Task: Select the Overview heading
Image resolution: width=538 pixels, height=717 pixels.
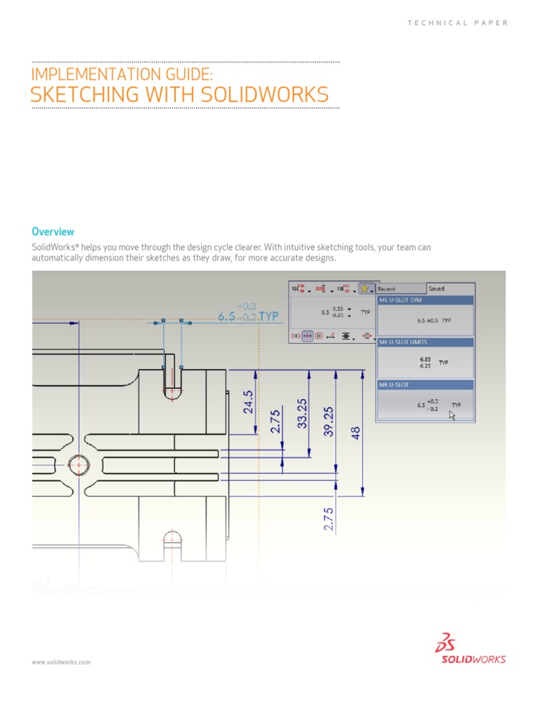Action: click(x=53, y=232)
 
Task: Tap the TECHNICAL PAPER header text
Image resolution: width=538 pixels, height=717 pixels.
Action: click(x=457, y=23)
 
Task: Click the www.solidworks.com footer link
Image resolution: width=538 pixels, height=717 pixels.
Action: click(x=61, y=662)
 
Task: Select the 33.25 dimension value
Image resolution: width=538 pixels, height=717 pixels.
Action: click(x=303, y=414)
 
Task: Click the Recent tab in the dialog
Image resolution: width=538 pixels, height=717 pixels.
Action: click(x=387, y=288)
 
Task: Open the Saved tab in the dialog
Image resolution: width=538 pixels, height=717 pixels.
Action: click(x=436, y=288)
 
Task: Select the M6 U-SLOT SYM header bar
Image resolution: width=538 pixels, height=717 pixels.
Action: click(x=425, y=300)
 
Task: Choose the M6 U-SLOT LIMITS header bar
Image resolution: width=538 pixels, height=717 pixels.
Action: click(x=425, y=342)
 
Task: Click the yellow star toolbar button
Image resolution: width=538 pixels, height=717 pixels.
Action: click(x=364, y=288)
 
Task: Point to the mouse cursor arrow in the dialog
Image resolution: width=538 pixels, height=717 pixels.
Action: click(x=452, y=415)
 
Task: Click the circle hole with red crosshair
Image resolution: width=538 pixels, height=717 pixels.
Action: click(x=78, y=464)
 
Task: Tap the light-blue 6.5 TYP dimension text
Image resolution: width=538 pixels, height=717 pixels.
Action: click(x=248, y=316)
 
